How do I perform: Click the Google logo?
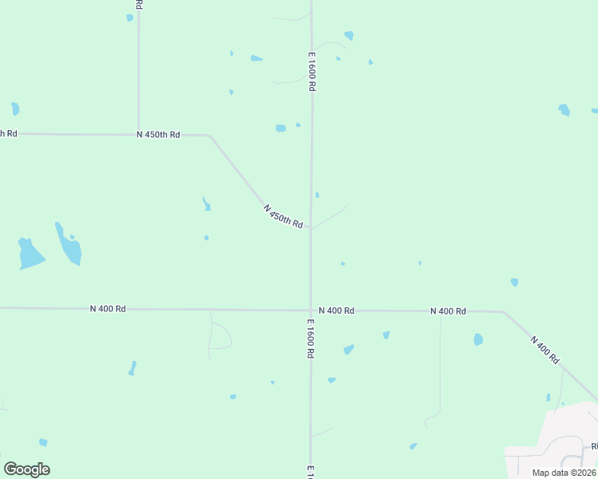26,469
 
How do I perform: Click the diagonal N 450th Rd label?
283,216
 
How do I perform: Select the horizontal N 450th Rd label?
158,135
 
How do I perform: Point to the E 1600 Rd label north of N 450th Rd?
311,72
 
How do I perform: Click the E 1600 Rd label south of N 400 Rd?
310,338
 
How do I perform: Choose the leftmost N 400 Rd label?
108,308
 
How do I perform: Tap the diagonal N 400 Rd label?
544,350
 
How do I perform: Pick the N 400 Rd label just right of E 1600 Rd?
336,310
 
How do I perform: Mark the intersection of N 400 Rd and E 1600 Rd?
311,310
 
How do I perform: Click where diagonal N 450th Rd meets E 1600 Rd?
311,228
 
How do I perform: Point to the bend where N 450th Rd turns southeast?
209,137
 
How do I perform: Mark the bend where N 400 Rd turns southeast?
502,311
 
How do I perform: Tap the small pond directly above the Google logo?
43,442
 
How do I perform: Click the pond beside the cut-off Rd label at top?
130,18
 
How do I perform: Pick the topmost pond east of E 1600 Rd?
349,35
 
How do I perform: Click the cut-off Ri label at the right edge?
594,446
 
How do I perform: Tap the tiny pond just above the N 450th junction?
317,195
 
